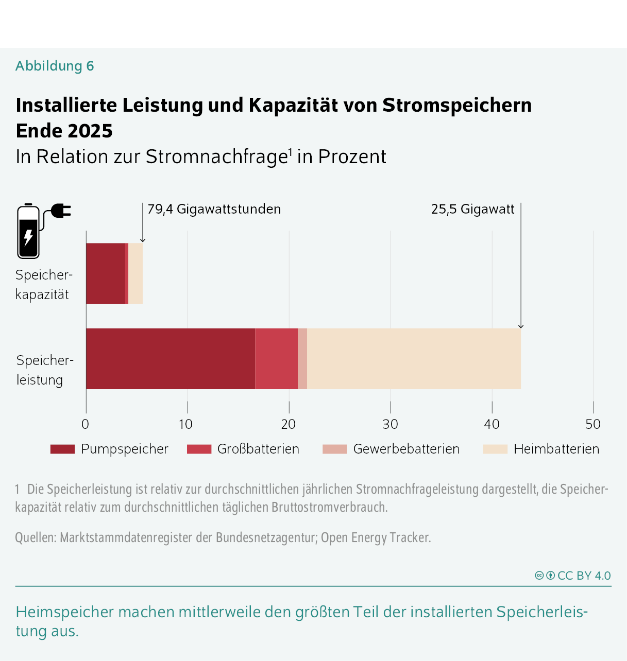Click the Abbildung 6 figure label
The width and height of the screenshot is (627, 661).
[55, 66]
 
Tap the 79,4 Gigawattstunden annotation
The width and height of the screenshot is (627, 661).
[214, 209]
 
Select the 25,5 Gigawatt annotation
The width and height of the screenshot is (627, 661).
[472, 209]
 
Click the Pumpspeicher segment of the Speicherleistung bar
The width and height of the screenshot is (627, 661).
[170, 359]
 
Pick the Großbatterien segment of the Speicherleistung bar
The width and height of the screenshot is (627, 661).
[276, 359]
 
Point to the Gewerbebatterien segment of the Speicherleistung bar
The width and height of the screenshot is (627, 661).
[302, 359]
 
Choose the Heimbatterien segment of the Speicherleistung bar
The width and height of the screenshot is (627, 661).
[414, 359]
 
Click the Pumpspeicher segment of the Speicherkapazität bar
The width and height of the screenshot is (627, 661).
[105, 273]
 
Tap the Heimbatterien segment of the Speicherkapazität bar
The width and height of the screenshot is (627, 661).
[135, 273]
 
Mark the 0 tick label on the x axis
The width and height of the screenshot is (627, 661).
[86, 424]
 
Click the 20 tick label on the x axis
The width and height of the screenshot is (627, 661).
[289, 424]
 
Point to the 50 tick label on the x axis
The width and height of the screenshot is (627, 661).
[593, 424]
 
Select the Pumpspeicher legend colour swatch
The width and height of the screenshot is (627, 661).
[62, 449]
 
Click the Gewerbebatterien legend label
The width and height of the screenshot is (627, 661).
[406, 449]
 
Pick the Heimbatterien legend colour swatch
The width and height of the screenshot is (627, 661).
[495, 449]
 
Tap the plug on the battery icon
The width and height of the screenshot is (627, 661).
[61, 211]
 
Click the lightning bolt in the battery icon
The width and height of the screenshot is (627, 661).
[28, 237]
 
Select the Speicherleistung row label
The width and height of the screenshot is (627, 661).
[44, 370]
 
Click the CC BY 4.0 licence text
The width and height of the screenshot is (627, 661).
[584, 576]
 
